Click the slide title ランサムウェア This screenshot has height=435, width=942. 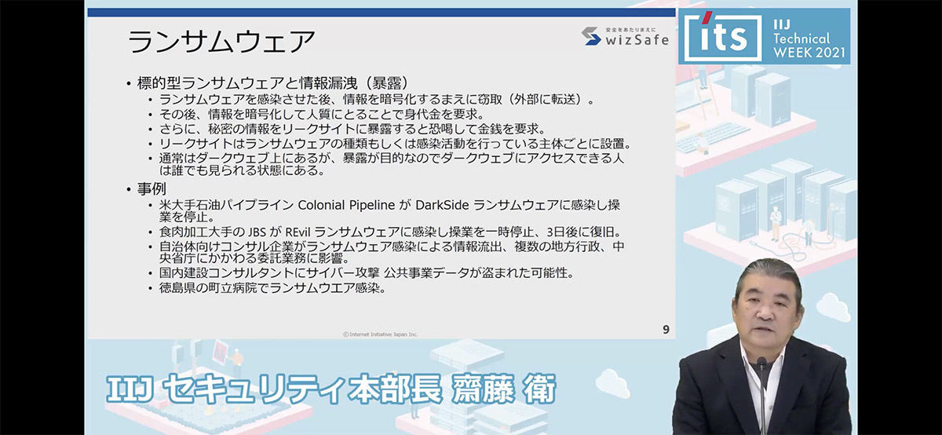(x=221, y=42)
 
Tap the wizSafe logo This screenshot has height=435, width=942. (x=625, y=37)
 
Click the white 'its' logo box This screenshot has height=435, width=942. (x=723, y=37)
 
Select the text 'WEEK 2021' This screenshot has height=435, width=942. (x=809, y=53)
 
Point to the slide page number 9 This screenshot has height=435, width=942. (x=666, y=330)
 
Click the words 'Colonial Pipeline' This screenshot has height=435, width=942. (x=346, y=205)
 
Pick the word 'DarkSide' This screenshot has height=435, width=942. (x=442, y=205)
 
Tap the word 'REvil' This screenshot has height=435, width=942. (x=298, y=232)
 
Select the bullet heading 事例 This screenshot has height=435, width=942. (x=152, y=188)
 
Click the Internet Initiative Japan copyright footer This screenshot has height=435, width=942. (x=380, y=334)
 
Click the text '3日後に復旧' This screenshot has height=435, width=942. (x=582, y=232)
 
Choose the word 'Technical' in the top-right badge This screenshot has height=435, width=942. (x=801, y=38)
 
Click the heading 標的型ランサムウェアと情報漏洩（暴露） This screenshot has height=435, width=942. (x=273, y=83)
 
